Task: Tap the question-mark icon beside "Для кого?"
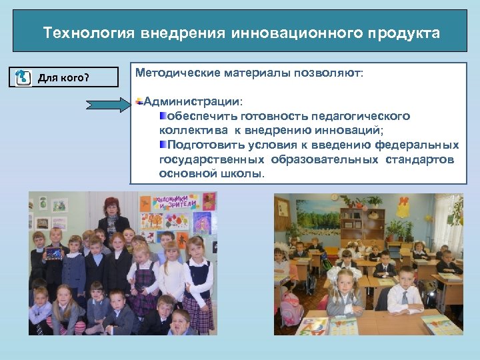[x=23, y=77]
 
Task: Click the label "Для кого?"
[x=63, y=78]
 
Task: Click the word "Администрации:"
[x=193, y=102]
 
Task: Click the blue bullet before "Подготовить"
[x=163, y=145]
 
